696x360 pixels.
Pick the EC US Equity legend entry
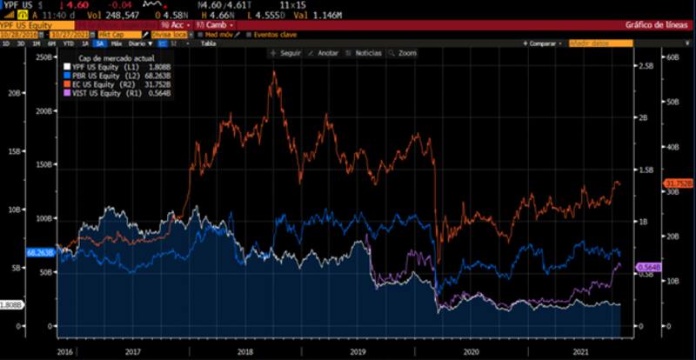tap(92, 83)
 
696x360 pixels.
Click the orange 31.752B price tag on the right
tap(678, 183)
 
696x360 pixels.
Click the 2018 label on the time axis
tap(244, 351)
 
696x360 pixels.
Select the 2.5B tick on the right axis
tap(645, 65)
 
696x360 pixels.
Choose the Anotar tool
tap(324, 53)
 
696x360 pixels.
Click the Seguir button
tap(286, 53)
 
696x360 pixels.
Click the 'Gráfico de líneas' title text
tap(652, 25)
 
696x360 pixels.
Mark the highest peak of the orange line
tap(275, 71)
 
